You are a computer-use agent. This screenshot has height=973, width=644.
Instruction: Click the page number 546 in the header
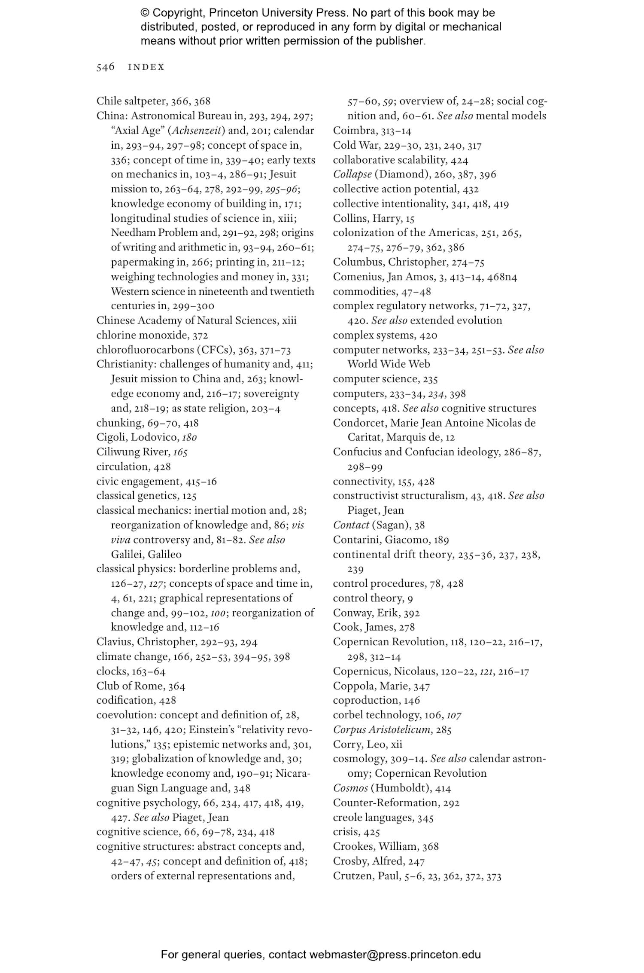click(105, 67)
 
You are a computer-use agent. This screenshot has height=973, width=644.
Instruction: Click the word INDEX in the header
click(146, 67)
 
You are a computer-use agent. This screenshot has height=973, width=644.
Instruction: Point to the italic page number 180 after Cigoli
click(189, 437)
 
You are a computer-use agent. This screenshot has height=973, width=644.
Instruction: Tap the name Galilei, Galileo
click(146, 554)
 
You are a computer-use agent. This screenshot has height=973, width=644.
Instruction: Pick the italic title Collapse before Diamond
click(352, 174)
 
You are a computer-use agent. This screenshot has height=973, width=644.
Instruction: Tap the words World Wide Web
click(389, 364)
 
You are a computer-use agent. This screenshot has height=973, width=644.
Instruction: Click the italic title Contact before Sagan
click(351, 525)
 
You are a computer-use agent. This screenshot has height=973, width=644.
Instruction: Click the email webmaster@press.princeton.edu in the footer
click(395, 955)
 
